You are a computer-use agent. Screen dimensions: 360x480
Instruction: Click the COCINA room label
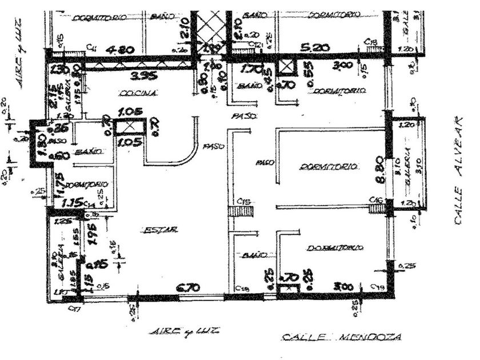pos(130,93)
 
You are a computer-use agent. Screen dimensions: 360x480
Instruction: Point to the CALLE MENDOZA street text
pos(341,338)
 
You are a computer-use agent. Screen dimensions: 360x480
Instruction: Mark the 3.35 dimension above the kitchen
pos(137,75)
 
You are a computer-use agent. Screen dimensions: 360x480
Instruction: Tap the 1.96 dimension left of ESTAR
pos(98,234)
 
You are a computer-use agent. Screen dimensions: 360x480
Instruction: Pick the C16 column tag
pos(375,199)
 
